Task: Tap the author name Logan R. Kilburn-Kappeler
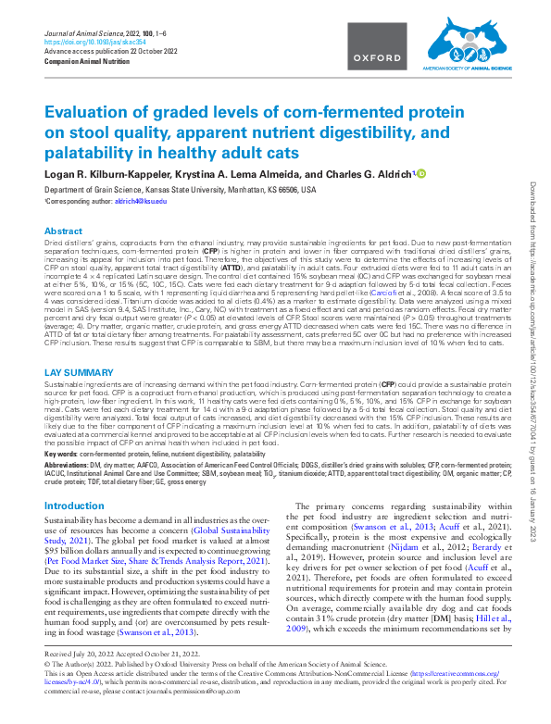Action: [x=109, y=174]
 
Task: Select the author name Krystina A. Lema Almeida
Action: [x=241, y=174]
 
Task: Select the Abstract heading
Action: [x=64, y=231]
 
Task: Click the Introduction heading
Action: [x=75, y=506]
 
